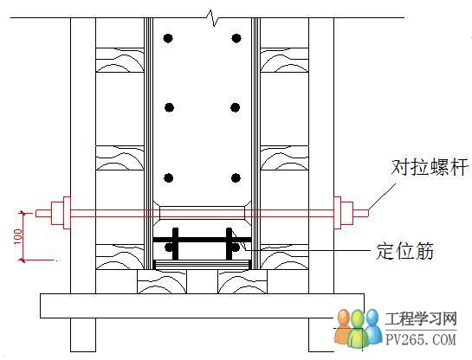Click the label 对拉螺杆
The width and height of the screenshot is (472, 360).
tap(430, 167)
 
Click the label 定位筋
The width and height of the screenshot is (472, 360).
tap(404, 250)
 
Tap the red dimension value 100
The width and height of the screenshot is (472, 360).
tap(18, 237)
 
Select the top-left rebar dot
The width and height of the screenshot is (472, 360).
tap(168, 38)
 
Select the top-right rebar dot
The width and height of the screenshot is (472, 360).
tap(236, 38)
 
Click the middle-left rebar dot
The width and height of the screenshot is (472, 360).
tap(169, 107)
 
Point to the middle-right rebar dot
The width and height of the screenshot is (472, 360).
tap(236, 107)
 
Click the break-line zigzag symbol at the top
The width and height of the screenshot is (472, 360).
tap(213, 18)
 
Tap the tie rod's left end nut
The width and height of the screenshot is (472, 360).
tap(57, 213)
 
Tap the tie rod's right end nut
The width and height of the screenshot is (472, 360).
tap(346, 213)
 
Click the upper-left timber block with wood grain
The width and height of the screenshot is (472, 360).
tap(120, 60)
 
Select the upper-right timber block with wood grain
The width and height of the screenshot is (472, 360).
tap(284, 60)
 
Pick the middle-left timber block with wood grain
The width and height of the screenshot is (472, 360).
tap(120, 158)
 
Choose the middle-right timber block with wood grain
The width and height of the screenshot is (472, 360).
tap(284, 158)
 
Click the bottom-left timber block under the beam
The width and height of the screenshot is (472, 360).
tap(162, 281)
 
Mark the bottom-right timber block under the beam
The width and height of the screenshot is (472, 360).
tap(242, 281)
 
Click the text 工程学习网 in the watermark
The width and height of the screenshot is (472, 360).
tap(421, 318)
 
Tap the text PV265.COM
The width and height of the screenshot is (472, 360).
tap(421, 339)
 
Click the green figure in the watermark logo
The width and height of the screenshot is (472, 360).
tap(359, 329)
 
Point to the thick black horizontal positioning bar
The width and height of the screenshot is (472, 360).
tap(203, 240)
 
